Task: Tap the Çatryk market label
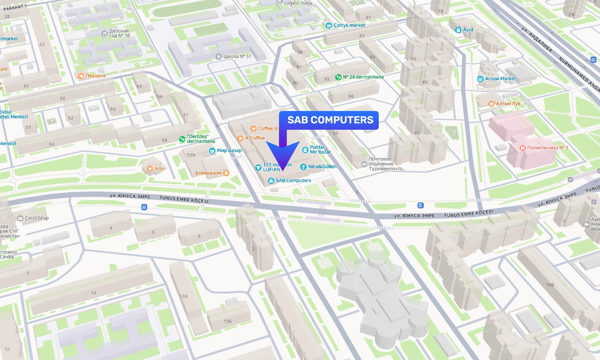pyautogui.click(x=349, y=25)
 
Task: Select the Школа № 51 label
pyautogui.click(x=237, y=57)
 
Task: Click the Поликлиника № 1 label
pyautogui.click(x=547, y=148)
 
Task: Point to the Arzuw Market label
pyautogui.click(x=500, y=79)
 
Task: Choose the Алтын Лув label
pyautogui.click(x=508, y=103)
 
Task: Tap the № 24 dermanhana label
pyautogui.click(x=363, y=77)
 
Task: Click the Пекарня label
pyautogui.click(x=95, y=76)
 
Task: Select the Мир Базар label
pyautogui.click(x=229, y=151)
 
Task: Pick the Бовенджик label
pyautogui.click(x=208, y=173)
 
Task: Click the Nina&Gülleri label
pyautogui.click(x=322, y=166)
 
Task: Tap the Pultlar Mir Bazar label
pyautogui.click(x=320, y=150)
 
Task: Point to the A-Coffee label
pyautogui.click(x=255, y=138)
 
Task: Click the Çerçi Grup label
pyautogui.click(x=36, y=218)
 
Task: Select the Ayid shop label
pyautogui.click(x=468, y=30)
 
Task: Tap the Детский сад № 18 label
pyautogui.click(x=119, y=33)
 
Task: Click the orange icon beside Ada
pyautogui.click(x=150, y=169)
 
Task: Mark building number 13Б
pyautogui.click(x=227, y=321)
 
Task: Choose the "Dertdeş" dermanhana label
pyautogui.click(x=201, y=139)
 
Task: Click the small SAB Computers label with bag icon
pyautogui.click(x=293, y=180)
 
